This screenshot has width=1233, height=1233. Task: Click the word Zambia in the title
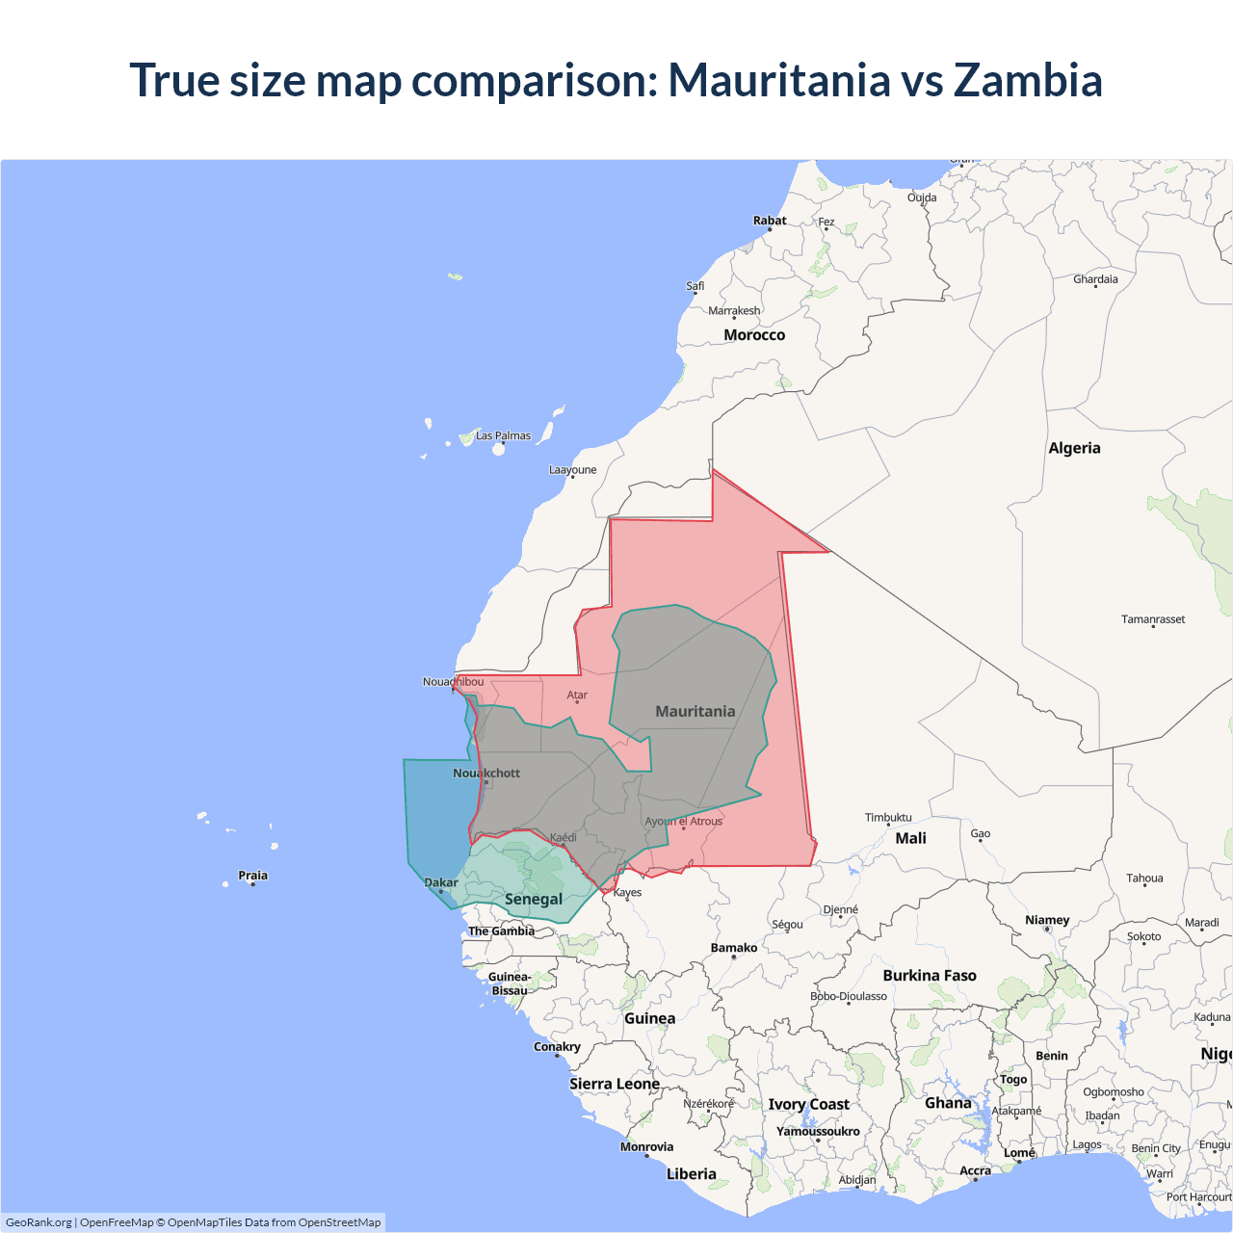click(1028, 80)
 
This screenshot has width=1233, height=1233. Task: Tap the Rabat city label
click(770, 221)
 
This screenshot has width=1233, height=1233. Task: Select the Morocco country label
click(754, 335)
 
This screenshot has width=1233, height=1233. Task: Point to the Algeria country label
click(1074, 448)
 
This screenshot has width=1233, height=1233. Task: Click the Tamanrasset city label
click(1153, 619)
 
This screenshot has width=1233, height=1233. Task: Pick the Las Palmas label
click(503, 435)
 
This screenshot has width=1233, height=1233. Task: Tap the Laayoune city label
click(572, 470)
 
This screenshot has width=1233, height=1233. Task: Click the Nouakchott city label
click(486, 773)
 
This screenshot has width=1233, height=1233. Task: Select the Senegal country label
click(534, 899)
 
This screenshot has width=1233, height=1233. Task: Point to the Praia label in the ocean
click(253, 876)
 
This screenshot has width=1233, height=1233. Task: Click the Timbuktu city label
click(888, 818)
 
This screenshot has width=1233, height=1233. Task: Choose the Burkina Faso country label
click(930, 976)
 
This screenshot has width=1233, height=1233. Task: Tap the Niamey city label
click(1047, 920)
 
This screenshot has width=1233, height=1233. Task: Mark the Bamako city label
click(734, 948)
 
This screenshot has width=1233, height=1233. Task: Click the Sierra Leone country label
click(615, 1084)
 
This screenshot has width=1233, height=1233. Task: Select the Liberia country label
click(692, 1173)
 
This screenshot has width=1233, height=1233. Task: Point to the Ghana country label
click(948, 1103)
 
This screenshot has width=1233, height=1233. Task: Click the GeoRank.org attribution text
click(39, 1222)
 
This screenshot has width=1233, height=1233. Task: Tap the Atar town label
click(577, 695)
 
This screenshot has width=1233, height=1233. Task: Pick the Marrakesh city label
click(734, 310)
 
